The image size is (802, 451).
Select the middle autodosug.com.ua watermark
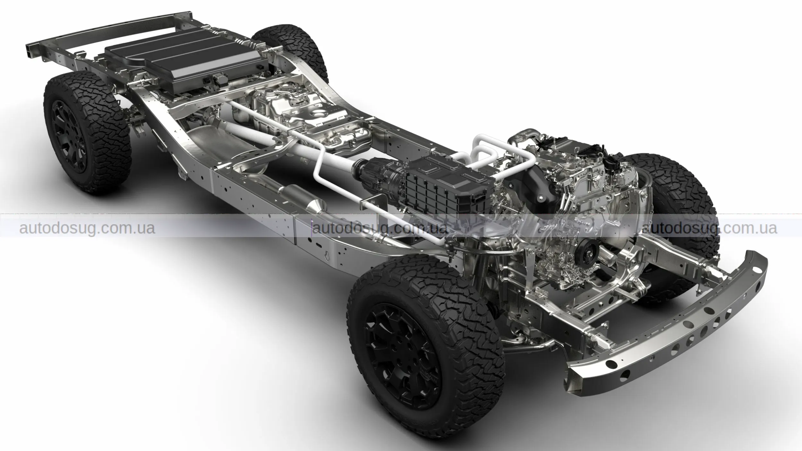click(x=380, y=228)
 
